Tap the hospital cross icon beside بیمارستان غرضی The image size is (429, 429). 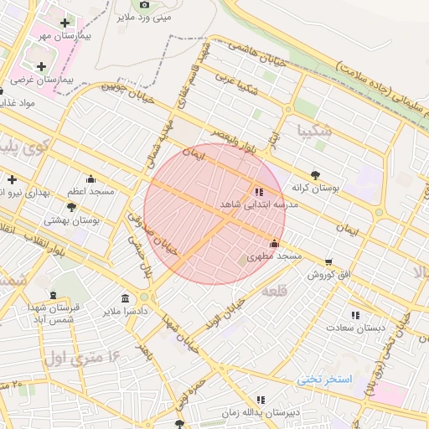coord(41,65)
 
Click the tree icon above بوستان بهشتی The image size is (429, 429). coord(71,207)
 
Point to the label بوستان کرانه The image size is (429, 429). coord(315,189)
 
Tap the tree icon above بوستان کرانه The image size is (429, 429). coord(315,175)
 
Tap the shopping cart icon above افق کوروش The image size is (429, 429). coord(328,261)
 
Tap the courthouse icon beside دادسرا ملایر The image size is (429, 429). coord(126,299)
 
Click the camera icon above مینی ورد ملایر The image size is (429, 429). coord(144,4)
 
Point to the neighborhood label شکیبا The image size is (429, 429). coord(315,132)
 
